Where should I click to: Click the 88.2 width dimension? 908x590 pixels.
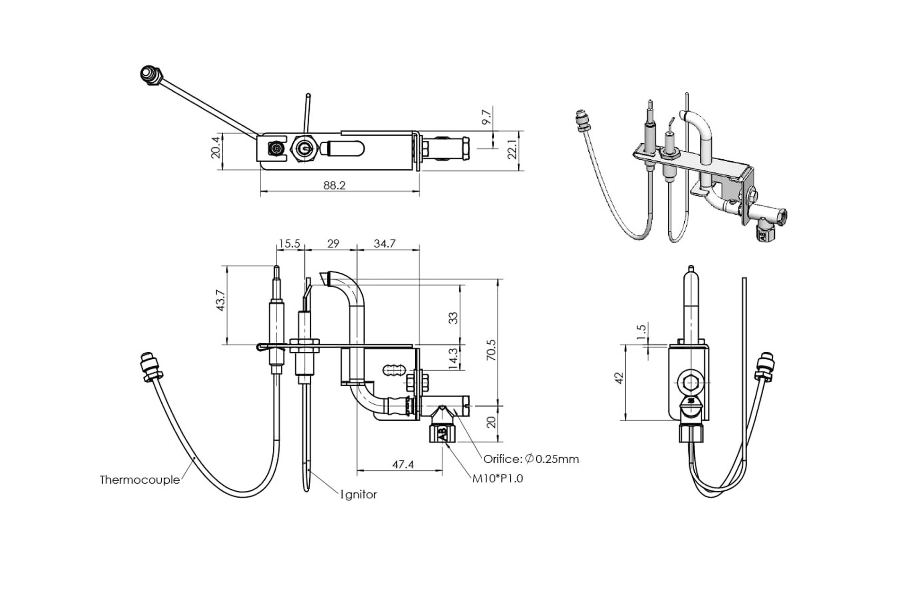click(x=334, y=185)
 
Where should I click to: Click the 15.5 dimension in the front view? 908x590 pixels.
click(x=289, y=243)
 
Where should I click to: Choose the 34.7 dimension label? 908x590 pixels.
click(x=384, y=243)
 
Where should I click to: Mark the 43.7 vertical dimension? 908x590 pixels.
click(x=220, y=300)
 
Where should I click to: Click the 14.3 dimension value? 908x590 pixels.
click(x=453, y=358)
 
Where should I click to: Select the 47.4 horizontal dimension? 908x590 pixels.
click(x=402, y=465)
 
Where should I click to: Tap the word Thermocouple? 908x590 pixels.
click(x=140, y=480)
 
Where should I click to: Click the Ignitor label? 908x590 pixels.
click(x=359, y=495)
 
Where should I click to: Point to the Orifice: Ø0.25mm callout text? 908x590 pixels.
click(x=531, y=459)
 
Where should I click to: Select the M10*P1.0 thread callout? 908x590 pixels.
click(x=498, y=478)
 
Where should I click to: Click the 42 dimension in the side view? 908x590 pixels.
click(x=619, y=378)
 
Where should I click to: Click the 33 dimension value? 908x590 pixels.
click(x=453, y=318)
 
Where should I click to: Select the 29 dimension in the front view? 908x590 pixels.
click(x=333, y=243)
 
